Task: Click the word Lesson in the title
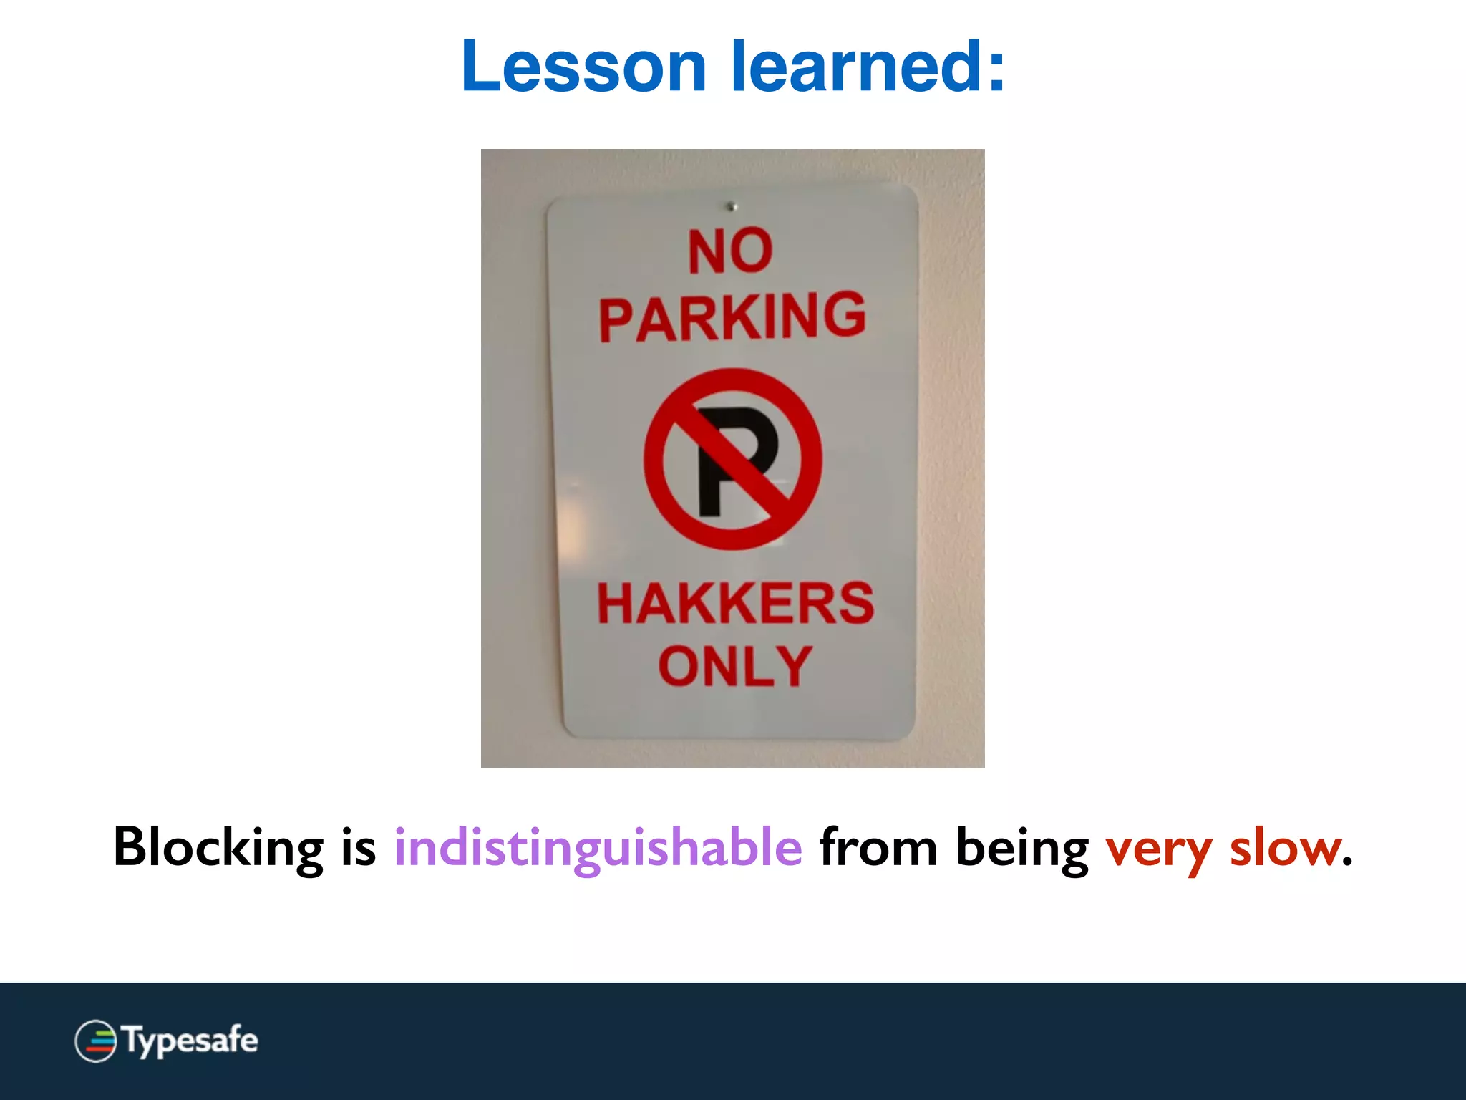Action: click(583, 67)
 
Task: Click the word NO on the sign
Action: click(730, 251)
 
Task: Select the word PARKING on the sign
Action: click(732, 317)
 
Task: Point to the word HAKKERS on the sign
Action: click(735, 604)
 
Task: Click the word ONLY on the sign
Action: click(735, 666)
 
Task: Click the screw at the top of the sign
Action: click(732, 207)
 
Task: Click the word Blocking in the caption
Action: click(218, 848)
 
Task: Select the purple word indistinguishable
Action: click(598, 848)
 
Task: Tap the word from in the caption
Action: click(878, 848)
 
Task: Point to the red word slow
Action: click(1285, 848)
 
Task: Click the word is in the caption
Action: click(359, 848)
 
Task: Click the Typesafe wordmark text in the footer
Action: click(190, 1041)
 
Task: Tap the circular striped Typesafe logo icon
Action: click(95, 1041)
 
